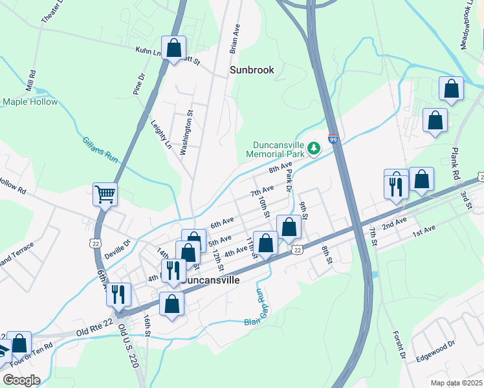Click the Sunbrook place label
(x=252, y=70)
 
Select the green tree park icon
(x=314, y=149)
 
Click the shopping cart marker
(x=105, y=193)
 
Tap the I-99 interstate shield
(x=333, y=140)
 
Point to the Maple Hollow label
(x=30, y=102)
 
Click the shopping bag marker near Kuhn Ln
(x=173, y=48)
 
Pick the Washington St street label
(x=187, y=132)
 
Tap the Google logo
(x=21, y=380)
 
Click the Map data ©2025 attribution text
(x=456, y=383)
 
